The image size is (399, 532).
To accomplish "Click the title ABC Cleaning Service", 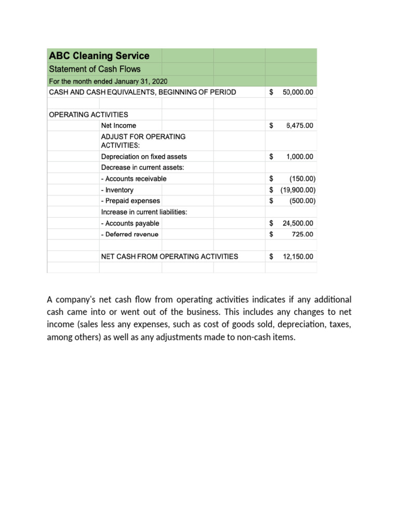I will (x=99, y=56).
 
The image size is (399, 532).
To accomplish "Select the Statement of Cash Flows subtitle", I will (x=94, y=69).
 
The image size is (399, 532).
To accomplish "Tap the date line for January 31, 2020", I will (x=108, y=81).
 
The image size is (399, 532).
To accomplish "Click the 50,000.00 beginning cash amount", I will (x=298, y=92).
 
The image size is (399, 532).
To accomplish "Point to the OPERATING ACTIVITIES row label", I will (x=88, y=114).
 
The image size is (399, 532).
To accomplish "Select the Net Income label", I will (x=118, y=125).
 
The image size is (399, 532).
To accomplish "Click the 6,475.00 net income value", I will (x=300, y=125).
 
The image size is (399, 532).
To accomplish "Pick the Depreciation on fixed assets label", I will (x=144, y=156).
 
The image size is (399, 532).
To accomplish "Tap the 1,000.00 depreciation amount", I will (x=300, y=156).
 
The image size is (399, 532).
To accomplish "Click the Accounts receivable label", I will (x=134, y=179).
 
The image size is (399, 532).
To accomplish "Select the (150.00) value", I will (x=302, y=179).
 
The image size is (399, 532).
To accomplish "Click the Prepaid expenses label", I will (x=130, y=201).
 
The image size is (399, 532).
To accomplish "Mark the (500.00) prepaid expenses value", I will (x=302, y=201).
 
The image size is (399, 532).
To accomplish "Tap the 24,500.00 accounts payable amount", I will (x=298, y=223).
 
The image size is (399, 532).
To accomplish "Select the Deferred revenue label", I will (x=129, y=234).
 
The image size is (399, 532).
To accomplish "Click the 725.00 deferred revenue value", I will (x=303, y=234).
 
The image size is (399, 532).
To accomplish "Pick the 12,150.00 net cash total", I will (x=298, y=256).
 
